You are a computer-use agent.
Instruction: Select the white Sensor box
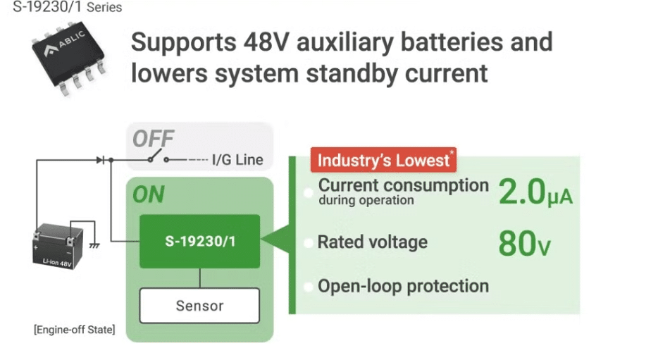point(199,306)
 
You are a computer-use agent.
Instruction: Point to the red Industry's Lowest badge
point(384,160)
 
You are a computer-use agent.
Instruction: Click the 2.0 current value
point(522,192)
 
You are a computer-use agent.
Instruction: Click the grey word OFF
point(153,139)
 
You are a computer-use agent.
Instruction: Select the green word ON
point(148,194)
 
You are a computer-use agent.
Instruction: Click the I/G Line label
point(237,160)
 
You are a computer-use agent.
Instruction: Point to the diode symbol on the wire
point(101,160)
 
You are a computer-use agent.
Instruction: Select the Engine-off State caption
point(74,329)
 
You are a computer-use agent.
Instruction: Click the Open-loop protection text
point(403,287)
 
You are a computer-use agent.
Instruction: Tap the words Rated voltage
point(372,242)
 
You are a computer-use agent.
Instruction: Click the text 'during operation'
point(366,201)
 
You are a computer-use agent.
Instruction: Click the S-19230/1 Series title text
point(67,8)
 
